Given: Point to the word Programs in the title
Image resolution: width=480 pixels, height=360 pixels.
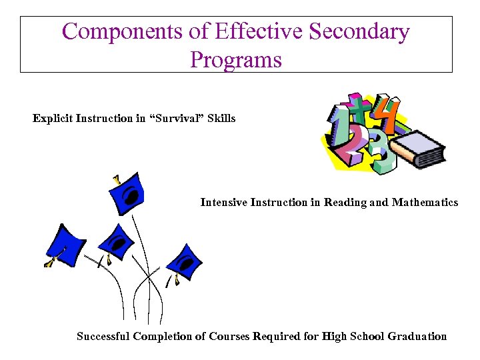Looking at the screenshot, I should (x=236, y=59).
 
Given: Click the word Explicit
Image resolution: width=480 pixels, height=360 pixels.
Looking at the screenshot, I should (x=53, y=119).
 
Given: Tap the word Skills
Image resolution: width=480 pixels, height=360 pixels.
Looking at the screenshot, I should (x=218, y=119).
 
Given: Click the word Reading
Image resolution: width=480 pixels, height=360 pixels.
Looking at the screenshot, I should (x=345, y=202).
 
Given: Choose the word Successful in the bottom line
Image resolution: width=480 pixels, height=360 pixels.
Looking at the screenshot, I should (x=103, y=336).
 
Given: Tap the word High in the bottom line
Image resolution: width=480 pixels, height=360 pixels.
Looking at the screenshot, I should (x=335, y=336).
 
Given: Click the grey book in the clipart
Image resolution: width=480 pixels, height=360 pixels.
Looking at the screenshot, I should (x=417, y=149).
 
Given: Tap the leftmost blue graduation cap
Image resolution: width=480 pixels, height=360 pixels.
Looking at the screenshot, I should (x=64, y=242).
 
